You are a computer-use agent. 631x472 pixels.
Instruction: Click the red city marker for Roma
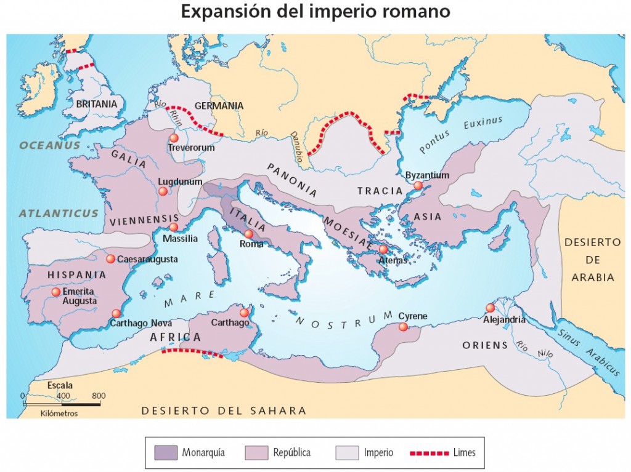[248, 234]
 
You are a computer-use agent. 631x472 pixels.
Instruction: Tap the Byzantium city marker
[418, 185]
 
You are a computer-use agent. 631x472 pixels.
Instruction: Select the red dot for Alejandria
[491, 308]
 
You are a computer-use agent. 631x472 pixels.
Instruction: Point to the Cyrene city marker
[403, 327]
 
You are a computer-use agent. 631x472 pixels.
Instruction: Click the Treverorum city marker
[174, 138]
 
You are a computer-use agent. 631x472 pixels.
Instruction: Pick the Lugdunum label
[180, 182]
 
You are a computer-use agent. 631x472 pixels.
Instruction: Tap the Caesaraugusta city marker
[110, 259]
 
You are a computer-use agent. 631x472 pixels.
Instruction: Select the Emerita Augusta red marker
[56, 292]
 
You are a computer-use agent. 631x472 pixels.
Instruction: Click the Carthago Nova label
[141, 323]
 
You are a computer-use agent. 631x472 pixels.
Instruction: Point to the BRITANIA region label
[97, 104]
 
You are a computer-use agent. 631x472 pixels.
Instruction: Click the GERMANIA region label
[219, 106]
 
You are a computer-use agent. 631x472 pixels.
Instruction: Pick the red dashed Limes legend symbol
[429, 453]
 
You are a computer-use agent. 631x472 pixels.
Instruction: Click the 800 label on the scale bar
[99, 396]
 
